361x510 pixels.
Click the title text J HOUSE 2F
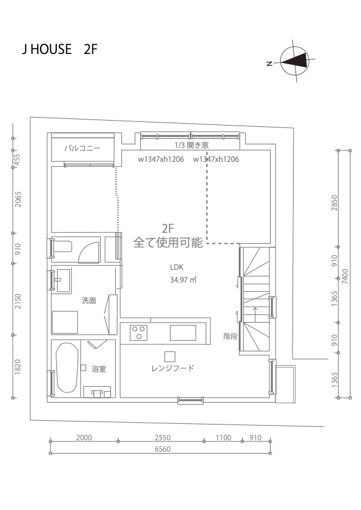click(59, 49)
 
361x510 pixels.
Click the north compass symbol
click(294, 61)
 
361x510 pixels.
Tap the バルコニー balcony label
click(83, 149)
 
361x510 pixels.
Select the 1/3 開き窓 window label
click(191, 145)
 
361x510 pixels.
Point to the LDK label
click(177, 267)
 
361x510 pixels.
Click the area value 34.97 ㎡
click(183, 280)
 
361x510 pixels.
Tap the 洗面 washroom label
click(89, 300)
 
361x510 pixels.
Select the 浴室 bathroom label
click(99, 369)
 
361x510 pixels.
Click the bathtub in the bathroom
click(66, 368)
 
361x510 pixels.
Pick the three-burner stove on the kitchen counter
click(138, 333)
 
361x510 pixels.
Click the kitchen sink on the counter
click(183, 333)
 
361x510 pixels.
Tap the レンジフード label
click(173, 368)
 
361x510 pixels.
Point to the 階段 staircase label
click(231, 336)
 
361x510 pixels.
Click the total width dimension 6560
click(163, 449)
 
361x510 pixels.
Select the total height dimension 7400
click(345, 277)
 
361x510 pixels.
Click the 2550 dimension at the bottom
click(163, 438)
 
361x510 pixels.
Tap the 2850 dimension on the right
click(334, 203)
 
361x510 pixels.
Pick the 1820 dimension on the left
click(18, 367)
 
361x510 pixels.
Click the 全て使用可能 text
click(168, 243)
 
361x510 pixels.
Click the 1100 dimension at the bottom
click(223, 438)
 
